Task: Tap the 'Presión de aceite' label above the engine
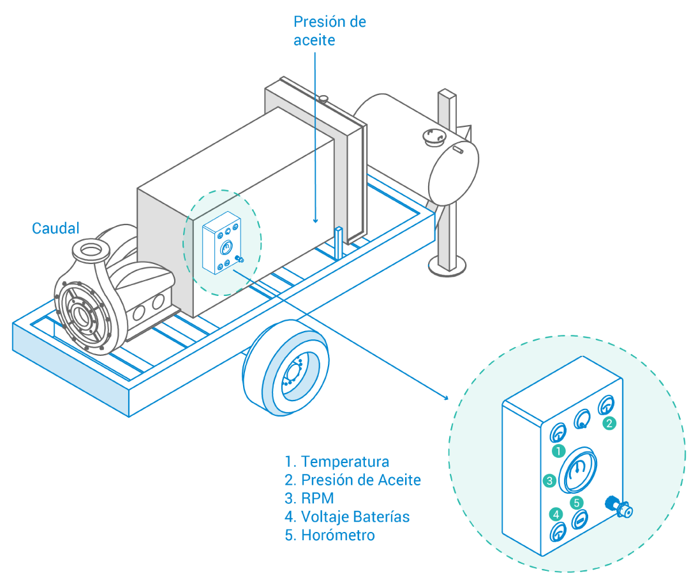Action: [x=329, y=31]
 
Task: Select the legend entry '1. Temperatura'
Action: [x=336, y=461]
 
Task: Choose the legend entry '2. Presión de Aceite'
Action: [x=352, y=480]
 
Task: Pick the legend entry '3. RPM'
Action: [x=309, y=498]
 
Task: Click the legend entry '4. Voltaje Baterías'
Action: [x=347, y=516]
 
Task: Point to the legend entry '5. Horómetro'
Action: [x=329, y=535]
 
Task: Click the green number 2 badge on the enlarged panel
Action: [x=610, y=422]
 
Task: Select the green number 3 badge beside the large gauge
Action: [x=549, y=480]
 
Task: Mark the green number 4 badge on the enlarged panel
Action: [x=557, y=513]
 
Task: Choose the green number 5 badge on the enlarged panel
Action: [x=577, y=502]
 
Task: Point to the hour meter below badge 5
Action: [x=579, y=520]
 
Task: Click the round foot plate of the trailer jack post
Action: [x=447, y=267]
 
